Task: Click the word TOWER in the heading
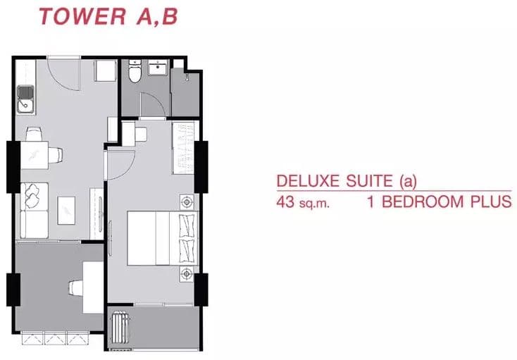click(82, 16)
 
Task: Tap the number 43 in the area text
click(285, 201)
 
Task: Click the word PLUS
click(491, 201)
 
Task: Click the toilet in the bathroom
click(135, 70)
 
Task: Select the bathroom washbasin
click(158, 67)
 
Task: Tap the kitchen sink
click(26, 99)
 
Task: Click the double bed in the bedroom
click(163, 238)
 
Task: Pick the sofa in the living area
click(34, 211)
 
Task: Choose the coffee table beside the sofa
click(66, 211)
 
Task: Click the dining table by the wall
click(35, 155)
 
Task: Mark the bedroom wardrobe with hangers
click(183, 147)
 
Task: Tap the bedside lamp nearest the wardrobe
click(187, 201)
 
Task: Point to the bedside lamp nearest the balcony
click(187, 274)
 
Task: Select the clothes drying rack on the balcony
click(119, 329)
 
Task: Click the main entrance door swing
click(63, 73)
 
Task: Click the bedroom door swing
click(120, 166)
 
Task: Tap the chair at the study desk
click(75, 288)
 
